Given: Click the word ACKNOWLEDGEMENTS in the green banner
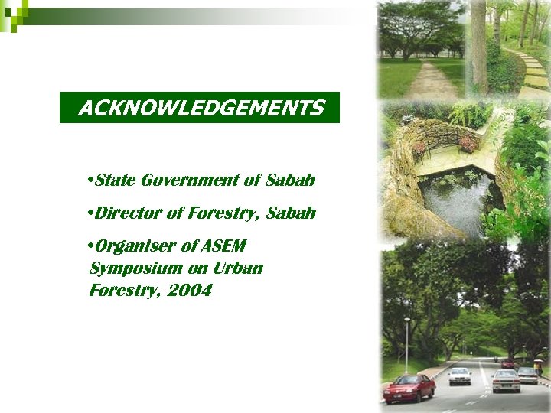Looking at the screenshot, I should click(201, 109).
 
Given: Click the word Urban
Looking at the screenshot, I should click(238, 268).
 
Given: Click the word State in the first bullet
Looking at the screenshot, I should click(115, 180).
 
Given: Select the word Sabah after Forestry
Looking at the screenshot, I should click(292, 213).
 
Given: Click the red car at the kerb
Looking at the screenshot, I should click(409, 388).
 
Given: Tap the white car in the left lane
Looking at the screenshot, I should click(460, 375).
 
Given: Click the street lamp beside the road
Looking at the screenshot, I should click(407, 344).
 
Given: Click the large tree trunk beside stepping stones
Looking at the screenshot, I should click(479, 46).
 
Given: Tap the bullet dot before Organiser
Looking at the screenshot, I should click(91, 246).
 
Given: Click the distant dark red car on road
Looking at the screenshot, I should click(508, 364).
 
